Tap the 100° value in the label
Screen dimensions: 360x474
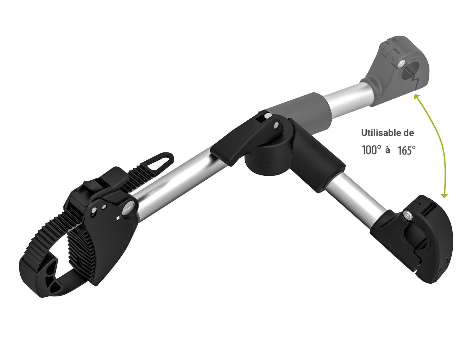click(x=372, y=150)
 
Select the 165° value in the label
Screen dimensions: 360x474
click(x=407, y=150)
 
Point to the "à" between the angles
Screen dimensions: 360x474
click(x=388, y=150)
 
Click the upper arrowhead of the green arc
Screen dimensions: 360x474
click(x=417, y=96)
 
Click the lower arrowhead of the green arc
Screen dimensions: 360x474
click(x=444, y=196)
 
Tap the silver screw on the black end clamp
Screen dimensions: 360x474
click(x=407, y=215)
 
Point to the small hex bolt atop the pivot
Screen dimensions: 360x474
click(x=267, y=116)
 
